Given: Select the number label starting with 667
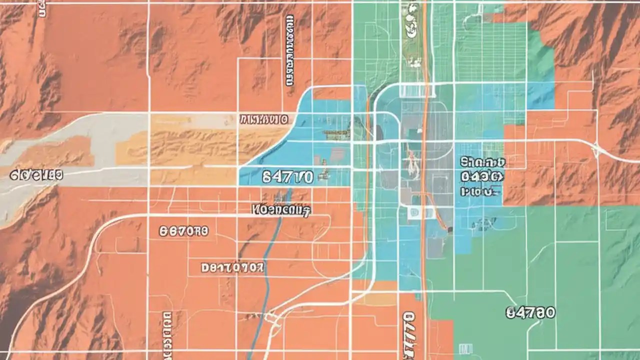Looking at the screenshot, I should [183, 231].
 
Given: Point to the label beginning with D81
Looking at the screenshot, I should [232, 268].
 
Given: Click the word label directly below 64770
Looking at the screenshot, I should [281, 210].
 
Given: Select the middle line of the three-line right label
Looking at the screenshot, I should [482, 176].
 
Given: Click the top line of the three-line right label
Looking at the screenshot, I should [482, 162].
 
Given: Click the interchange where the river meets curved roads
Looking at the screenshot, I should [272, 317].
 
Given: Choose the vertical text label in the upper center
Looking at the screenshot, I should [289, 50].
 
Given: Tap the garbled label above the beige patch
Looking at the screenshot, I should [264, 119].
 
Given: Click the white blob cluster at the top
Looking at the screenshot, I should [413, 30].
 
